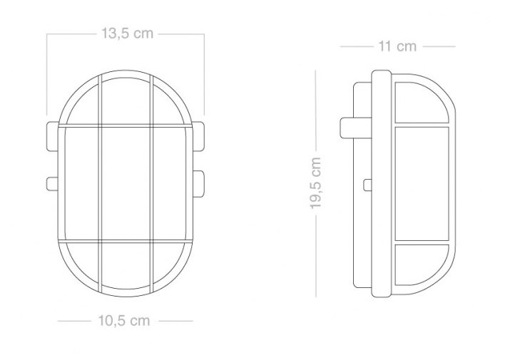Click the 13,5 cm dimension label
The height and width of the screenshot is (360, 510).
coord(127,34)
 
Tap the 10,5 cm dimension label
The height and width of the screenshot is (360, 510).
coord(124,321)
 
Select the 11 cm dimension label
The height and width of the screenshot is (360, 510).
coord(397,46)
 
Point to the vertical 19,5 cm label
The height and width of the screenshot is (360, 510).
coord(315,182)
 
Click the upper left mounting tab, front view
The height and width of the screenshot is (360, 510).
coord(53,137)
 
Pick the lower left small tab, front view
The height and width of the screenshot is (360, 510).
coord(53,183)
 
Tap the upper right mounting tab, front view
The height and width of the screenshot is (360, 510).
coord(198,137)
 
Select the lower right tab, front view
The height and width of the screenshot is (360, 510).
coord(198,184)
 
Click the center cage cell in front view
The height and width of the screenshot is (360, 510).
coord(126,184)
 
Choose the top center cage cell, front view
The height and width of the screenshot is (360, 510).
coord(126,101)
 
